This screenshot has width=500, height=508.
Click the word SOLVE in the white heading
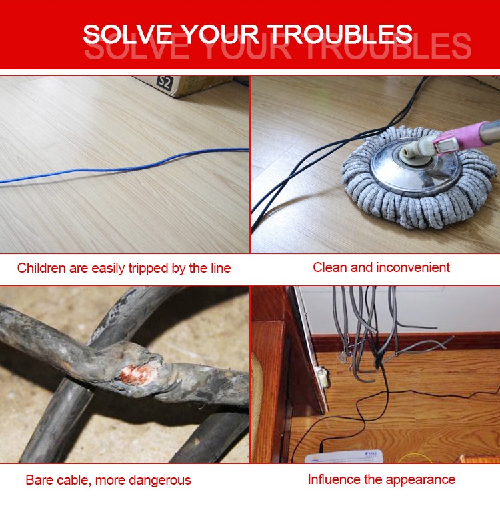tap(127, 34)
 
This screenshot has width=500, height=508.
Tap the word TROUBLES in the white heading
tap(341, 34)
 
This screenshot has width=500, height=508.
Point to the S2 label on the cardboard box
tap(165, 83)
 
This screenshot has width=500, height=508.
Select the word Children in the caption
tap(41, 268)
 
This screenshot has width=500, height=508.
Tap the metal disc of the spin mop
tap(415, 165)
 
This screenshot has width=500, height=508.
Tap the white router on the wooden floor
tap(343, 457)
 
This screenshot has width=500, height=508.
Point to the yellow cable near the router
tap(415, 458)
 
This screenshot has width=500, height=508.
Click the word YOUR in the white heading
tap(219, 34)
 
